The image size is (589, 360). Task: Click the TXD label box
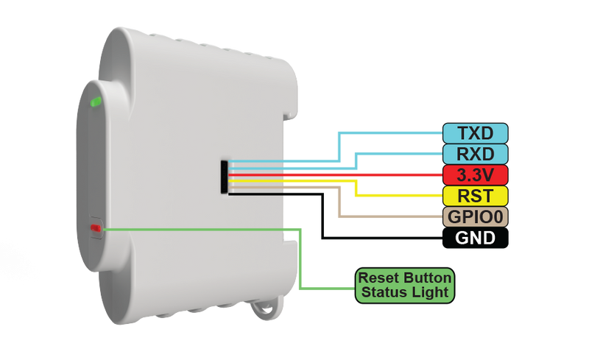tap(476, 133)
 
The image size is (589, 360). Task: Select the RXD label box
tap(476, 154)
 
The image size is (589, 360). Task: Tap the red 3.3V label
tap(476, 175)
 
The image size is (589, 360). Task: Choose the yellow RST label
tap(476, 196)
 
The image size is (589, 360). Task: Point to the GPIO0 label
tap(476, 217)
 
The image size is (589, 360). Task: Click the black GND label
tap(476, 239)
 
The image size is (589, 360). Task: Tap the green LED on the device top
tap(96, 102)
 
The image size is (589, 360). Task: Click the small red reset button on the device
tap(95, 228)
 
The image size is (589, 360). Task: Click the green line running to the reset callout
tap(199, 229)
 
